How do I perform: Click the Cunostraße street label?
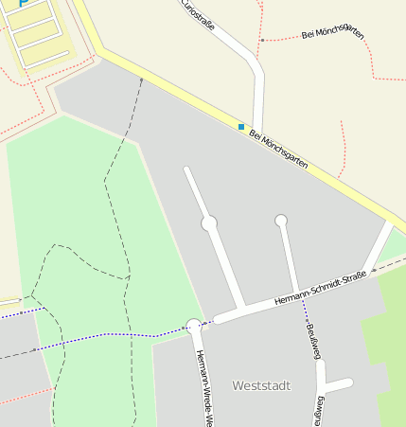point(198,16)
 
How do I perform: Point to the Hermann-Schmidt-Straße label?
point(319,287)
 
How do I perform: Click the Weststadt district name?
point(261,386)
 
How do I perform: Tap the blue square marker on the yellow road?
point(241,126)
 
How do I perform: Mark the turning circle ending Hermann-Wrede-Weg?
point(194,326)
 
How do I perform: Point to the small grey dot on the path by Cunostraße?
point(261,41)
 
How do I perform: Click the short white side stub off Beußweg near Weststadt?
point(338,384)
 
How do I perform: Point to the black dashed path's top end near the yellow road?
point(142,81)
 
